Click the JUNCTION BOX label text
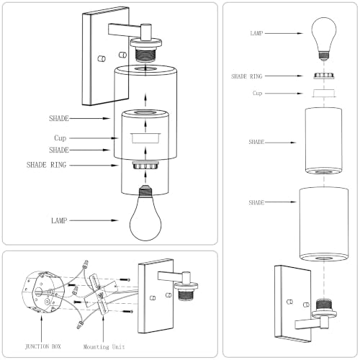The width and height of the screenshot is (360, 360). coord(43,346)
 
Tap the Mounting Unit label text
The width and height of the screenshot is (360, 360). coord(104,347)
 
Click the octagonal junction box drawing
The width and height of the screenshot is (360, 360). coord(42,292)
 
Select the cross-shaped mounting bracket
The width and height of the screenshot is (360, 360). coord(100,295)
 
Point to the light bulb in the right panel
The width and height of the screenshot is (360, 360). coord(324,38)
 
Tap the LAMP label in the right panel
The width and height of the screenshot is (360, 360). coord(256,33)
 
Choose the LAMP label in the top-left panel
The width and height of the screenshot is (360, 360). coord(59,220)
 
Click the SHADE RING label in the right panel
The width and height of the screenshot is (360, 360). coord(246,76)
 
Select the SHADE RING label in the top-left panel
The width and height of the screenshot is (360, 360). coord(46,165)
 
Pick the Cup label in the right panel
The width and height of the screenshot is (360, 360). coord(257,93)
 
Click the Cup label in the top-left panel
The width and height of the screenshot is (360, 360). coord(60,138)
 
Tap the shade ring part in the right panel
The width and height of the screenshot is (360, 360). coord(324,76)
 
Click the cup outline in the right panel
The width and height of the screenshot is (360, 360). coord(324,93)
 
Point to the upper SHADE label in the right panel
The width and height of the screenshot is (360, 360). coord(256,142)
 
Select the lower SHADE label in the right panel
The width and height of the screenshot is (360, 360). coord(256,202)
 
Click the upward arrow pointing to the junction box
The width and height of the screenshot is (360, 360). coord(42,328)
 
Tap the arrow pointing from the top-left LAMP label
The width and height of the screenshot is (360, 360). coord(94,220)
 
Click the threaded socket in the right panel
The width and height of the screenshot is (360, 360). coord(324,305)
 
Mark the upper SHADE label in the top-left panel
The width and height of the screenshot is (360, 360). coord(59,118)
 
